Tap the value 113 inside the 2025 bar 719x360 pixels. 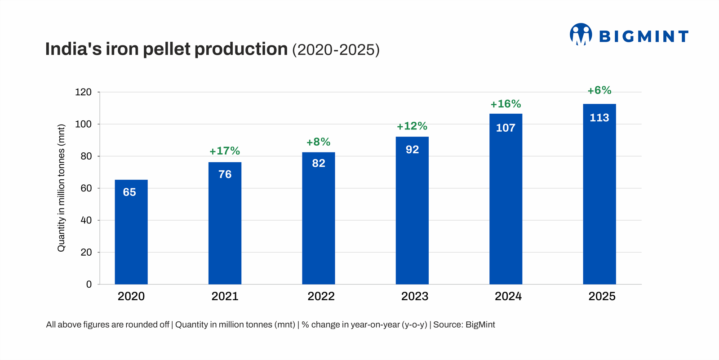(599, 118)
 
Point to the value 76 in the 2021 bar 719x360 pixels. (225, 174)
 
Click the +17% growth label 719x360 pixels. (225, 151)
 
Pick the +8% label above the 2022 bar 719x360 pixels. (318, 142)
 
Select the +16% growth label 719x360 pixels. (506, 104)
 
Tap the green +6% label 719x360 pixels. (599, 90)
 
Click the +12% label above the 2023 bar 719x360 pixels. (412, 126)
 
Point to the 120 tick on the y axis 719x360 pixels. (83, 92)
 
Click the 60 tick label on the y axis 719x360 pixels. (86, 188)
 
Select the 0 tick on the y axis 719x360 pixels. (89, 284)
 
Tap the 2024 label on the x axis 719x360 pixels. (508, 296)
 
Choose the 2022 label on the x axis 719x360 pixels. (321, 296)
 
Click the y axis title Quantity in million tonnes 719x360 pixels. (62, 188)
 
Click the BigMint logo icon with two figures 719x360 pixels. (581, 34)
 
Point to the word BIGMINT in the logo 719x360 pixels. (644, 36)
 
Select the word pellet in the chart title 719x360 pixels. (167, 49)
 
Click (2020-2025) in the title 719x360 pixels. (336, 50)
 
